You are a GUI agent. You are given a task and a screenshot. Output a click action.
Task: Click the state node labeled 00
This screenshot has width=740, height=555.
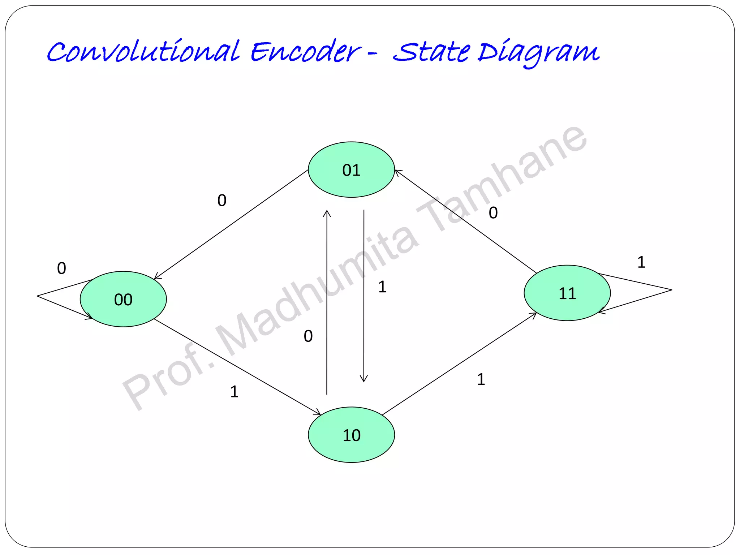123,299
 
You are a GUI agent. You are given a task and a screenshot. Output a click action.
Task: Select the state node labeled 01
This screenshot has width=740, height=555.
351,170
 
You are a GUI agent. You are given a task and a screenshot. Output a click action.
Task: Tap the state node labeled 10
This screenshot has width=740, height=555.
351,435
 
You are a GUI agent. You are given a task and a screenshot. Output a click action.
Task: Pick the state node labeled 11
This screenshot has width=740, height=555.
567,293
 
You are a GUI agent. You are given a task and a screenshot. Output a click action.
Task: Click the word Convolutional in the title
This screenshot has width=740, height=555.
143,51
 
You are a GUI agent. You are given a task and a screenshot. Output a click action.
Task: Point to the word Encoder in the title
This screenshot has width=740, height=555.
305,51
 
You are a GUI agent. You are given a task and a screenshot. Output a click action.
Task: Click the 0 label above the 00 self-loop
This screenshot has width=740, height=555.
61,268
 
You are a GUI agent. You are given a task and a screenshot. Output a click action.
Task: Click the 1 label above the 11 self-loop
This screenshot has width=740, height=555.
641,262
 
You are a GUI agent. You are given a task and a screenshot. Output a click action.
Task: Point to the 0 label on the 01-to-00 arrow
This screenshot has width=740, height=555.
222,200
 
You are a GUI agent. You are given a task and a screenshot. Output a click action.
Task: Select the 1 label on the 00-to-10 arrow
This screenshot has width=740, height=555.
234,392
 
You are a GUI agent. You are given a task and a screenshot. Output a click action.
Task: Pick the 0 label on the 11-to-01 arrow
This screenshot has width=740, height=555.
493,213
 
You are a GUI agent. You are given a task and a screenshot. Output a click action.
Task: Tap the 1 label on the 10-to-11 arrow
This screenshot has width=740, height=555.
481,379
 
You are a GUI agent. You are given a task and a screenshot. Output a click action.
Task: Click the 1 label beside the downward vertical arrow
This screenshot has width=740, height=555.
382,287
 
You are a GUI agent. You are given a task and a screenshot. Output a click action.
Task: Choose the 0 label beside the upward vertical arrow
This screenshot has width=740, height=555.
308,336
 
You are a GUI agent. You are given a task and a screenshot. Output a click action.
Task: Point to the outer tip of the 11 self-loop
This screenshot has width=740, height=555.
671,290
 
